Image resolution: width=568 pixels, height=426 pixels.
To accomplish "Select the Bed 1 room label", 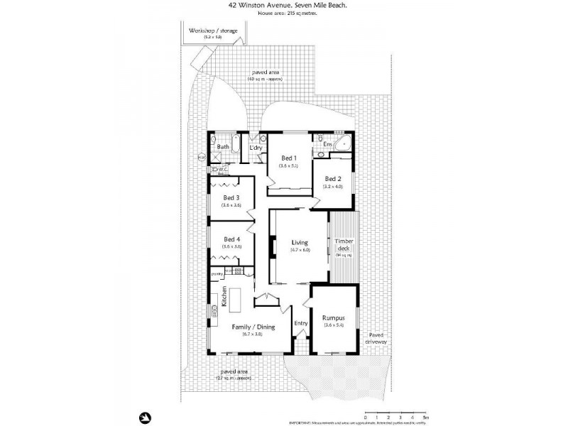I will coord(288,157).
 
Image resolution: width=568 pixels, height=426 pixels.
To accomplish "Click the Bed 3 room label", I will coord(231,197).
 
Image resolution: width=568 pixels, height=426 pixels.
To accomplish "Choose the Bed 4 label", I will coord(231,239).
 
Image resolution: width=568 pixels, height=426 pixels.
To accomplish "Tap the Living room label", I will coord(300,243).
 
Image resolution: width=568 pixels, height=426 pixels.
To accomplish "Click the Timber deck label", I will coord(344,245).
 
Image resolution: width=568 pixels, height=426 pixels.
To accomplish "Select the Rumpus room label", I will coord(333,318).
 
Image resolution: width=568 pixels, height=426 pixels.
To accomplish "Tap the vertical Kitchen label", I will coord(224,295).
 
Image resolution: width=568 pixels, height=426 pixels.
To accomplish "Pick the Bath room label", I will coord(223,147).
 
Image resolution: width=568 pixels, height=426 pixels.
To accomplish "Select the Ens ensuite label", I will coord(327,145).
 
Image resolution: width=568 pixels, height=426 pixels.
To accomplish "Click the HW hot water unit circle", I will coord(201,156).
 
